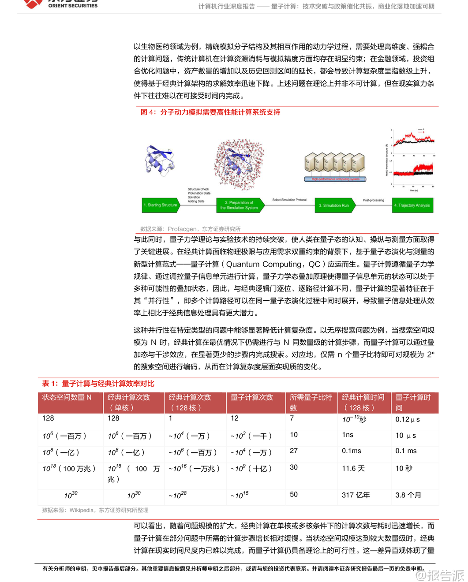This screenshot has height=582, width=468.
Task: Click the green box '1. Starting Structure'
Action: click(160, 205)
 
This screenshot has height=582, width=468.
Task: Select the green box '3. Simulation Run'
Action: click(334, 205)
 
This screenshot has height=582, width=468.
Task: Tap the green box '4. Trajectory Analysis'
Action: click(412, 205)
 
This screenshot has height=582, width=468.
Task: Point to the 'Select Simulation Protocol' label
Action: click(289, 200)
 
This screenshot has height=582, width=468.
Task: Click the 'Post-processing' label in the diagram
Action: click(373, 200)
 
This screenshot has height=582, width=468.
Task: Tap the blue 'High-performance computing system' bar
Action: click(335, 179)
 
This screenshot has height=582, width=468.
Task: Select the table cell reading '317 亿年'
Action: click(356, 495)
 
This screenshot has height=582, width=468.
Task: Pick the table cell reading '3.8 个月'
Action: click(408, 495)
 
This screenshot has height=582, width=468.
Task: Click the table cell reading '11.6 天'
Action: click(353, 468)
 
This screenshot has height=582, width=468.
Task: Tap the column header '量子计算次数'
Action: click(252, 397)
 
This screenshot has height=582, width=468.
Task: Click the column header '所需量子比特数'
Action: click(311, 402)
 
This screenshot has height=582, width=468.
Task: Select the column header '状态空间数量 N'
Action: click(67, 397)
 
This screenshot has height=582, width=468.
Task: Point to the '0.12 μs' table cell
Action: click(407, 419)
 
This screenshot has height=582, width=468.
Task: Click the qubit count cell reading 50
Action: click(294, 495)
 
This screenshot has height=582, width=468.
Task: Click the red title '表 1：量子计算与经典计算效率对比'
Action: click(98, 384)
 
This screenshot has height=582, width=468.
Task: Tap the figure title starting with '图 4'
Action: click(210, 112)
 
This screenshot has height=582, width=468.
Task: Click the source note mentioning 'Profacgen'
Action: click(190, 229)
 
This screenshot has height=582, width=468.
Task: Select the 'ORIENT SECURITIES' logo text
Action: click(73, 6)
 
